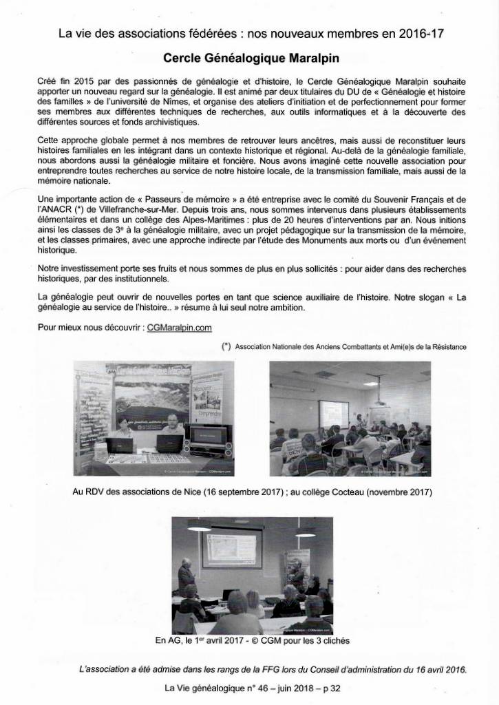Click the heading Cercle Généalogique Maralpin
[x=250, y=59]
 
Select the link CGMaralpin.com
[x=178, y=328]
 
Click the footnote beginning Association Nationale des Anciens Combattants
[x=350, y=347]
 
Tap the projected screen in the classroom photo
[x=335, y=414]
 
